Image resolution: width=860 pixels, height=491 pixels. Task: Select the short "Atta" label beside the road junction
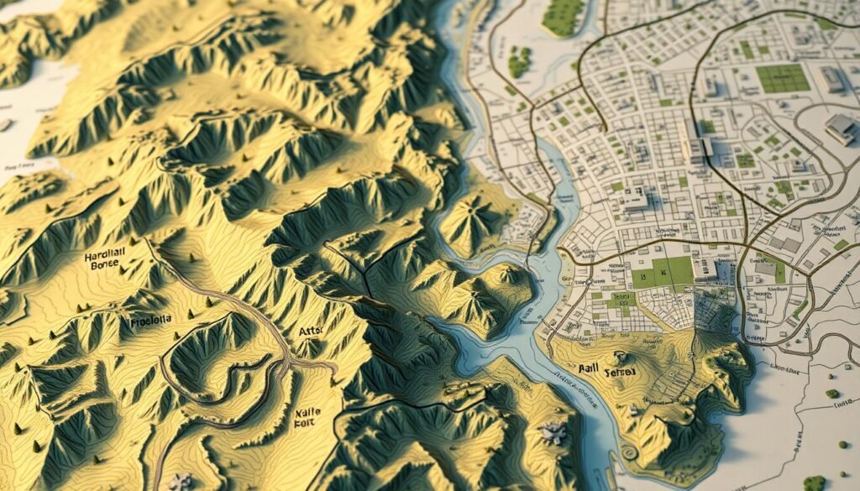[310, 332]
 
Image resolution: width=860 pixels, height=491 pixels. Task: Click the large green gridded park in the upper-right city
[782, 79]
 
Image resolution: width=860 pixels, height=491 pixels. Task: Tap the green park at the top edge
[564, 15]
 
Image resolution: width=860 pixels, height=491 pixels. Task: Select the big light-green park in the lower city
[663, 274]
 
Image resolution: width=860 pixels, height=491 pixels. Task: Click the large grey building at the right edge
[841, 128]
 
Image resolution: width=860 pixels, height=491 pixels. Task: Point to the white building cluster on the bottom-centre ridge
[553, 432]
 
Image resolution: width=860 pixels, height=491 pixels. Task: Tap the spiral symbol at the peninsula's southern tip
[629, 454]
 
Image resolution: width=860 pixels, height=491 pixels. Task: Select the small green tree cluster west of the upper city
[520, 61]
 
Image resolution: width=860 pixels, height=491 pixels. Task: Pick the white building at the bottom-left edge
[179, 483]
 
